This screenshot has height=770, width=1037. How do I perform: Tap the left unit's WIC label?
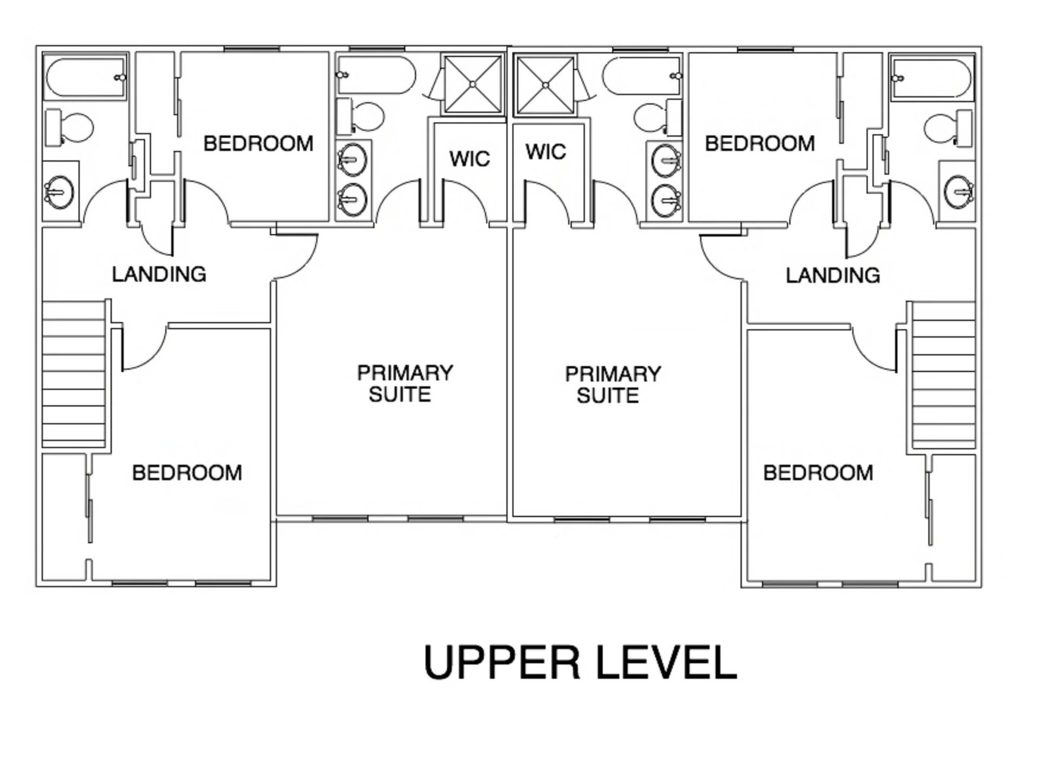469,159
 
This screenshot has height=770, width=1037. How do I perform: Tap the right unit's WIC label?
546,152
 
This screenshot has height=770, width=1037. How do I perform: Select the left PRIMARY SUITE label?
405,383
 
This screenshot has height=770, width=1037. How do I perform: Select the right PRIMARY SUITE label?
612,384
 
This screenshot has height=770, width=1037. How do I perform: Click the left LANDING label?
159,274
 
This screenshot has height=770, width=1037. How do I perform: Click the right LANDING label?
832,275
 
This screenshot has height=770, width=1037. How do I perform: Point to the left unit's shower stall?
473,84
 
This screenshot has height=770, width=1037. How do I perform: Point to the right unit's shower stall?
546,85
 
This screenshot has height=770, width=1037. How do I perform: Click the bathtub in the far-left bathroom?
85,77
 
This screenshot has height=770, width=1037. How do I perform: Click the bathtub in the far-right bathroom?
933,78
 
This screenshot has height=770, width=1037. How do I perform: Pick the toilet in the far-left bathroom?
69,127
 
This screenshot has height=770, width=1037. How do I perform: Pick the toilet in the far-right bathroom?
948,128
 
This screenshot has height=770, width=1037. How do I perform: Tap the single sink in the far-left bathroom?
59,192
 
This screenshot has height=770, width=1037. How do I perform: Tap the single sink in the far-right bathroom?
959,192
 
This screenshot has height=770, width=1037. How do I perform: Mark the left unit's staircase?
74,373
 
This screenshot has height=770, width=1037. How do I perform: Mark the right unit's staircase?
944,374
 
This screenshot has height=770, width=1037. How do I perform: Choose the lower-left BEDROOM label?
187,473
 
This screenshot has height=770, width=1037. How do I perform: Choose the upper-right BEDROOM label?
759,144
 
